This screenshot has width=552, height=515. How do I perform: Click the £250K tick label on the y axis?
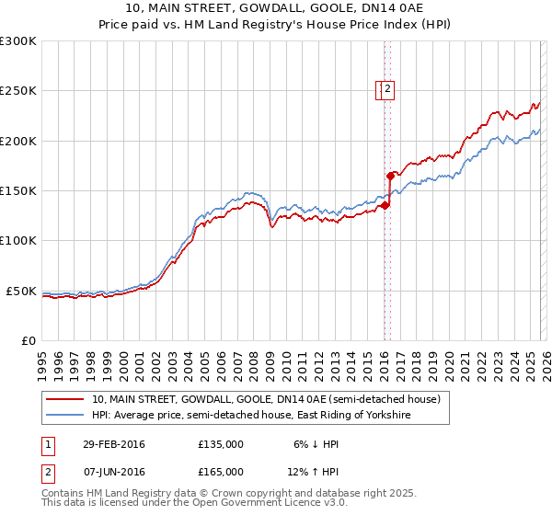tap(18, 91)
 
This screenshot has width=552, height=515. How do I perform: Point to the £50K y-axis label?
tap(21, 291)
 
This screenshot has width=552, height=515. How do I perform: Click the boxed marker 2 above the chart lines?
tap(388, 89)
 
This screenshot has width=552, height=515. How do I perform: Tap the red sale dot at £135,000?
tap(385, 205)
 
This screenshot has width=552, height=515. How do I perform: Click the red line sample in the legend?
tap(65, 400)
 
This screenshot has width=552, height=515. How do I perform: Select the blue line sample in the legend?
tap(65, 416)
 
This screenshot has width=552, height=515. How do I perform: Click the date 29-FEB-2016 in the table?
tap(114, 444)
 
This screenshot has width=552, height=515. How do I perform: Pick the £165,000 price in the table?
tap(220, 472)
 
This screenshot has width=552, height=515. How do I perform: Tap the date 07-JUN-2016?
tap(114, 472)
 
